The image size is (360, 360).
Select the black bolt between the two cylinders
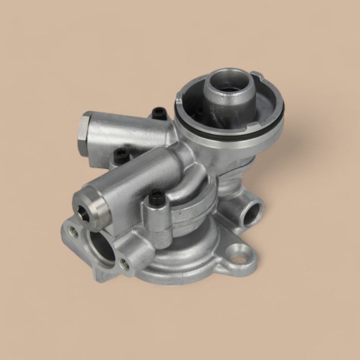(121, 155)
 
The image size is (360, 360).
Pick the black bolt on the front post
(156, 196)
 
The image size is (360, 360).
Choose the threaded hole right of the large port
(124, 265)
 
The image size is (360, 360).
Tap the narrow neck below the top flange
(231, 165)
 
